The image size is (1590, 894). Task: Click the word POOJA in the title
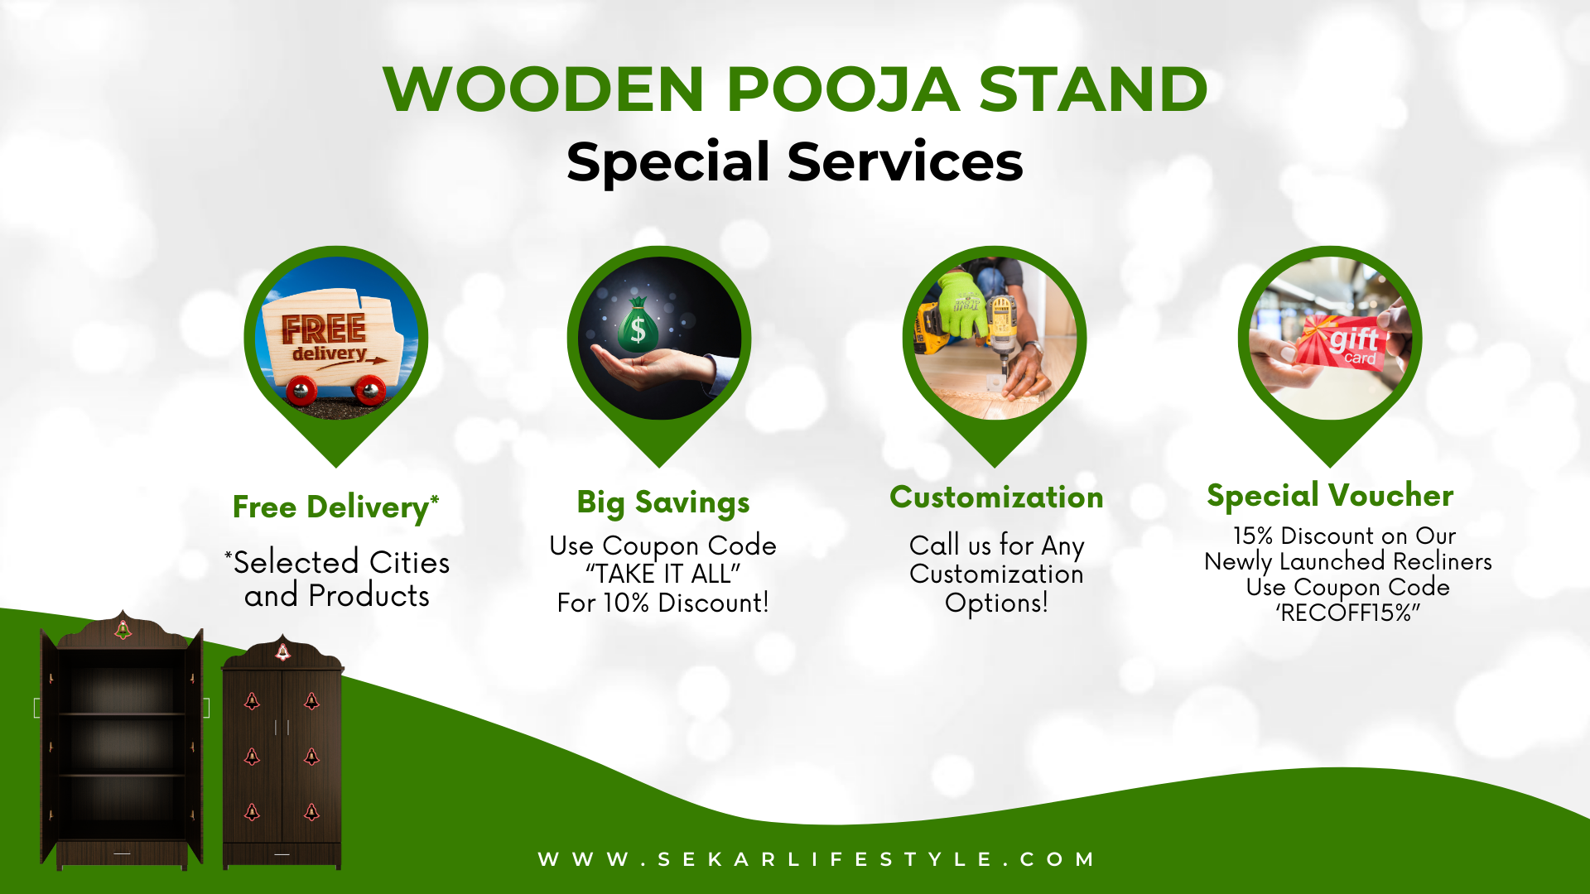842,89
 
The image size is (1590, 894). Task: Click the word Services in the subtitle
904,161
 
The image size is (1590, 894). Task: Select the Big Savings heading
662,502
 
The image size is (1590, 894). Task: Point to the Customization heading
996,497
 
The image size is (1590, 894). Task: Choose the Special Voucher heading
1330,495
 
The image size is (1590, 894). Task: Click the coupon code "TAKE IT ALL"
662,574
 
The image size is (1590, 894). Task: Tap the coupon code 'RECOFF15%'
1347,613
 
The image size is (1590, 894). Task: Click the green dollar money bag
638,326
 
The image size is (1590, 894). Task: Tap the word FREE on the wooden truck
323,329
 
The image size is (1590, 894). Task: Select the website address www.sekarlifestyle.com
817,859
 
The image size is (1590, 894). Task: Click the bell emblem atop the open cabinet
123,630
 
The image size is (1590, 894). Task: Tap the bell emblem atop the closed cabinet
282,652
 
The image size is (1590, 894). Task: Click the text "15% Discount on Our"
1343,536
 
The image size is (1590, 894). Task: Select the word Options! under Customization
996,603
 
